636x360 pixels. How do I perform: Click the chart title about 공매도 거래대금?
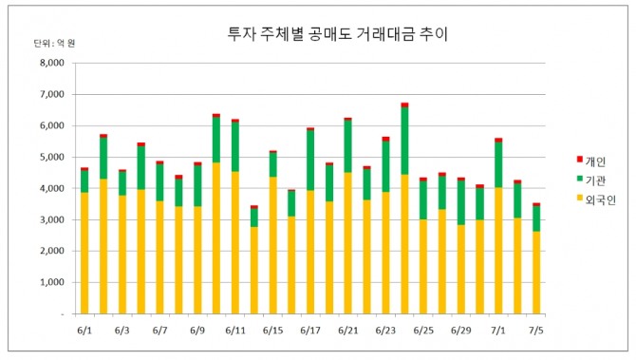pos(338,34)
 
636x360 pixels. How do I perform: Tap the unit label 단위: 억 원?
pos(54,44)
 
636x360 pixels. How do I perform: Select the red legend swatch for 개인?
pos(579,160)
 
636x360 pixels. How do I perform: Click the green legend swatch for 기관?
pos(579,179)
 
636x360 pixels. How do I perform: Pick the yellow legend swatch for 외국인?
pos(579,198)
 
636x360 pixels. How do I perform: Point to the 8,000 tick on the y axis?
pos(52,63)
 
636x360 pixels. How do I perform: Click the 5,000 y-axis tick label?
pos(52,157)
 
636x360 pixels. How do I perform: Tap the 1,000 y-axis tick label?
pos(52,282)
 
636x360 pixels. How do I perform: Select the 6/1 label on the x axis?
pos(84,331)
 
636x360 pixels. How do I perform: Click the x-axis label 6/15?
pos(272,331)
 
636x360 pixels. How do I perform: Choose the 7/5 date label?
pos(535,331)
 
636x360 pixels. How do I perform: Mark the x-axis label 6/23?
pos(385,331)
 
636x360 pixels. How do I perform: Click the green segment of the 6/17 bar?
pos(310,161)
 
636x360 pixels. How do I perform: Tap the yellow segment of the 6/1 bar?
pos(84,254)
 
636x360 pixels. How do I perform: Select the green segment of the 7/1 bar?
pos(498,164)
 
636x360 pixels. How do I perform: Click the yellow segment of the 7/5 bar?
pos(536,273)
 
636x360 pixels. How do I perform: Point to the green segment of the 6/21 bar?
pos(348,146)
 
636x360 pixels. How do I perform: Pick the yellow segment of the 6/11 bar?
pos(235,243)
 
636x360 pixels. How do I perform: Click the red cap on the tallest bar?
pos(404,105)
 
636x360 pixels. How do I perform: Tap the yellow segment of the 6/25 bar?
pos(423,267)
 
